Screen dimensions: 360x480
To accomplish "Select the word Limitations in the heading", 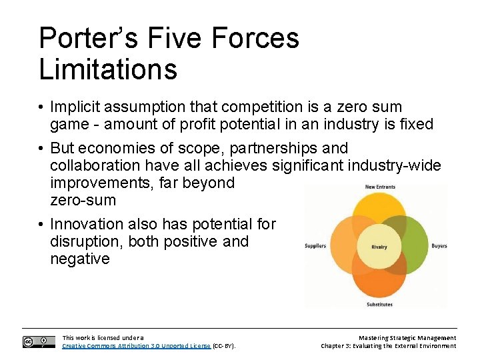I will pos(108,69).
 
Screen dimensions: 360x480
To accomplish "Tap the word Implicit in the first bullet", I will pos(77,107).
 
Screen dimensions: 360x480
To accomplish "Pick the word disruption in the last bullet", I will pos(85,241).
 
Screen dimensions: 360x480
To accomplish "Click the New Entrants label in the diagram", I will pos(380,187).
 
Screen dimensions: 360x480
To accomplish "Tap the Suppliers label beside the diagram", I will pos(315,246).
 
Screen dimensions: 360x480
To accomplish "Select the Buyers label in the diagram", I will pos(439,246).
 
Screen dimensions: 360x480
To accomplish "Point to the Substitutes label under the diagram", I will pos(379,305).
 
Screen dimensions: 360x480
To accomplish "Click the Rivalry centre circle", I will pos(379,247).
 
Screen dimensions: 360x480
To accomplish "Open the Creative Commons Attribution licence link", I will pos(136,346).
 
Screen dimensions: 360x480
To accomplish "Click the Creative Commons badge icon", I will pos(39,342).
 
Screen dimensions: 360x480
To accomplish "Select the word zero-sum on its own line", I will pos(83,200).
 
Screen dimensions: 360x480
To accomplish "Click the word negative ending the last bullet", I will pos(80,259).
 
